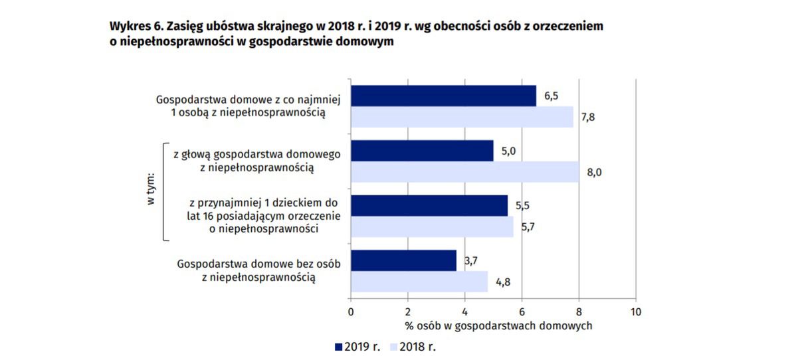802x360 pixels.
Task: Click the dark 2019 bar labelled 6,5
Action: pyautogui.click(x=443, y=96)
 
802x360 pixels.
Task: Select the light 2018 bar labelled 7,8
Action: pyautogui.click(x=462, y=117)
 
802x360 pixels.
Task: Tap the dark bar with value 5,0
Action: pyautogui.click(x=422, y=151)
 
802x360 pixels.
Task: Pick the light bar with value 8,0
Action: pyautogui.click(x=464, y=171)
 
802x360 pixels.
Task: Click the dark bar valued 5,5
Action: pyautogui.click(x=429, y=205)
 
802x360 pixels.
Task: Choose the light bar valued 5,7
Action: pyautogui.click(x=432, y=226)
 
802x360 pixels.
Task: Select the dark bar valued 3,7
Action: pyautogui.click(x=403, y=260)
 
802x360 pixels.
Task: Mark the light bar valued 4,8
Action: pyautogui.click(x=419, y=282)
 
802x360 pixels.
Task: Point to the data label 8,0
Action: pyautogui.click(x=594, y=173)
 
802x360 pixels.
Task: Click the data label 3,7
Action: pyautogui.click(x=470, y=261)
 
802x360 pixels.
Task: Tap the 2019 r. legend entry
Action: pyautogui.click(x=358, y=347)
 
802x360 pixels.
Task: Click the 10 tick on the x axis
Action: pyautogui.click(x=636, y=312)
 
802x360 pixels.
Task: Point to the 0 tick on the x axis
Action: pyautogui.click(x=351, y=312)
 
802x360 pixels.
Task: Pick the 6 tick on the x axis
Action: pyautogui.click(x=522, y=312)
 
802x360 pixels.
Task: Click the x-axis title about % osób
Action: pyautogui.click(x=498, y=326)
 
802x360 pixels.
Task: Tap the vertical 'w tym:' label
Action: pyautogui.click(x=150, y=190)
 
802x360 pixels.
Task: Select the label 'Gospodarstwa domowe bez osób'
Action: pyautogui.click(x=258, y=264)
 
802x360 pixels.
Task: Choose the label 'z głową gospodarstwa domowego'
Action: pyautogui.click(x=256, y=154)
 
